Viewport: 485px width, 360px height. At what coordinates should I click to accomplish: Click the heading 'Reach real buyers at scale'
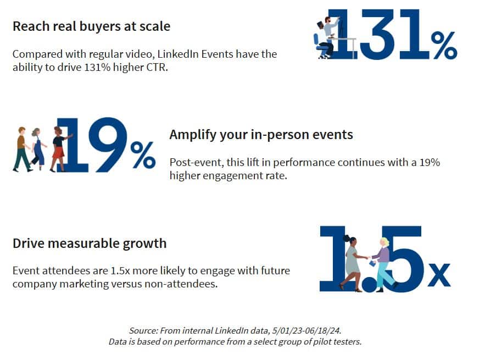coord(91,26)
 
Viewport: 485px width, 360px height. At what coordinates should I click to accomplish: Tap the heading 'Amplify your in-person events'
coord(261,135)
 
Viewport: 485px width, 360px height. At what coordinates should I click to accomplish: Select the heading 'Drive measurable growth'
coord(89,243)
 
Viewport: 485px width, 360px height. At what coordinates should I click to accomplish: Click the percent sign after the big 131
coord(444,45)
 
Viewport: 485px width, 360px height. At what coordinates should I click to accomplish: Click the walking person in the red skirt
coord(58,148)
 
